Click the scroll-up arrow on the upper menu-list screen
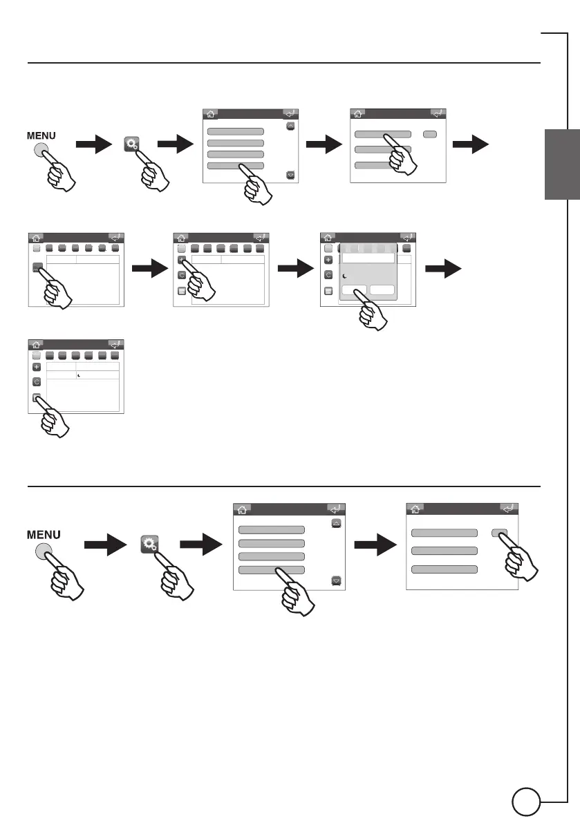pos(290,126)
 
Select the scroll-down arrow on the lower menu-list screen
pos(337,580)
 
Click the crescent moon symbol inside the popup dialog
pos(346,276)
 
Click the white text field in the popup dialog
pos(366,258)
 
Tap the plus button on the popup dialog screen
pos(328,260)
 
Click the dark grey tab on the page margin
pos(562,164)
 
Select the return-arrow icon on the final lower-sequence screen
pos(508,509)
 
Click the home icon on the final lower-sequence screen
pos(415,509)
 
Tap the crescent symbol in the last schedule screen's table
pos(79,375)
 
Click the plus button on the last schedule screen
pos(37,366)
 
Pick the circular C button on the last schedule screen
pos(37,381)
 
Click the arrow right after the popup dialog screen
pos(442,269)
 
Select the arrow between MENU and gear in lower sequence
pos(104,546)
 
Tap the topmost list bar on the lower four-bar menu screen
pos(271,530)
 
